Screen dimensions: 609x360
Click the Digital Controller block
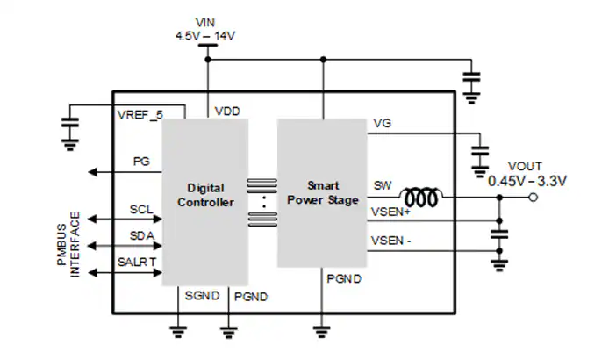[x=205, y=202]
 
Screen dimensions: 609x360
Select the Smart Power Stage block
[x=322, y=193]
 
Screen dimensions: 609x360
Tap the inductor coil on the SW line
[x=421, y=197]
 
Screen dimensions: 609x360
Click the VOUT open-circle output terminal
[x=534, y=198]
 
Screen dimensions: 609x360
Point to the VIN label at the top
[x=205, y=23]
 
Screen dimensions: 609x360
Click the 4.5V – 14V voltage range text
[x=205, y=36]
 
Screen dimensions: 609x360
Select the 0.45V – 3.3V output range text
[x=527, y=181]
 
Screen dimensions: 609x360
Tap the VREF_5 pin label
[x=140, y=115]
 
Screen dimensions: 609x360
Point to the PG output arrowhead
[x=92, y=172]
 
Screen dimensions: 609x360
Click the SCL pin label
[x=141, y=210]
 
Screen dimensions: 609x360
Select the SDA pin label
[x=142, y=235]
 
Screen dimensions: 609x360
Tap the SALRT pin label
[x=137, y=263]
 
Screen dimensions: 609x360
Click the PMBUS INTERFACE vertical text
[x=68, y=244]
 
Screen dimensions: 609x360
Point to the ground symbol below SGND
[x=178, y=332]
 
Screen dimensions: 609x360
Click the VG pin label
[x=382, y=123]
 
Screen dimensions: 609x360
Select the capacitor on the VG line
[x=480, y=151]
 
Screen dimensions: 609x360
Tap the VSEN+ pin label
[x=390, y=212]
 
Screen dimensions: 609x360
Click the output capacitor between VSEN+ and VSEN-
[x=499, y=234]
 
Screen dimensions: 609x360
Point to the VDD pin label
[x=227, y=112]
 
